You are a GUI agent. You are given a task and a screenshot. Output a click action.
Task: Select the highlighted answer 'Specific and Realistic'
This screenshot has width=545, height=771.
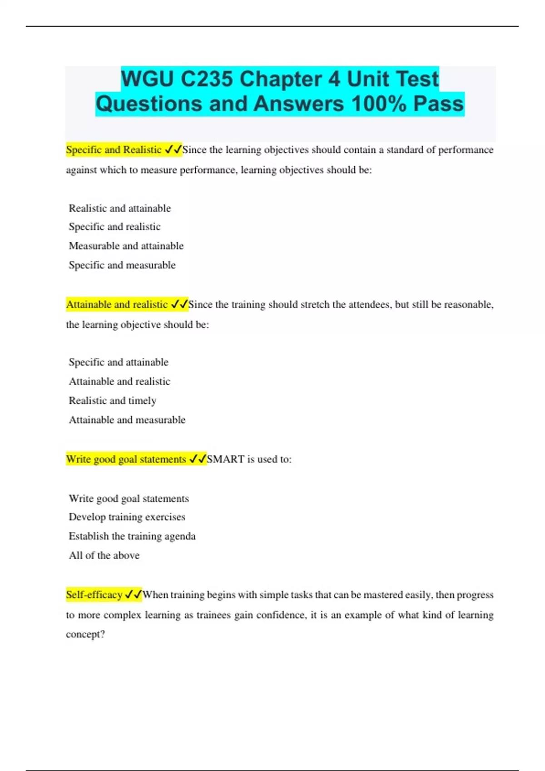coord(114,150)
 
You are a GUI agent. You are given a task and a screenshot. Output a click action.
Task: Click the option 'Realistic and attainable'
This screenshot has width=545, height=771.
coord(120,208)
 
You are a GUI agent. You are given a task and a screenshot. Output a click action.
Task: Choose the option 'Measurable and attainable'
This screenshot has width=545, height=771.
coord(126,246)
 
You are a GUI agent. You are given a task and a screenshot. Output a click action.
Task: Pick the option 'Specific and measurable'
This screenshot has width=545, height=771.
coord(122,265)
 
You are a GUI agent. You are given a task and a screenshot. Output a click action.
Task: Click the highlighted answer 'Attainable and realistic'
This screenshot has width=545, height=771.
coord(117,304)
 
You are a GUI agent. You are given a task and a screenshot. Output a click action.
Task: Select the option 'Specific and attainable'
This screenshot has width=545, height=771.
coord(119,362)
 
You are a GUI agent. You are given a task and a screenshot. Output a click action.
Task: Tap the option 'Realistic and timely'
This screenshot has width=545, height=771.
coord(113,400)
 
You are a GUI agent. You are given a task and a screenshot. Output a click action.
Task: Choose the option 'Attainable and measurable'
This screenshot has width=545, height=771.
coord(127,420)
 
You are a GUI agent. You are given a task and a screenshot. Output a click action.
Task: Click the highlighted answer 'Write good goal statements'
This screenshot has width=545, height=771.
coord(126,459)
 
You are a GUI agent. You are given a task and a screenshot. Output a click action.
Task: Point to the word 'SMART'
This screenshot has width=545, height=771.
coord(226,459)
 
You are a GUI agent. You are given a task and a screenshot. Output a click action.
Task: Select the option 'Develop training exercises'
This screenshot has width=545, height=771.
coord(127,517)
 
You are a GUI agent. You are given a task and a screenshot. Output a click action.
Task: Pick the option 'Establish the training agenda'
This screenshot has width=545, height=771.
coord(132,536)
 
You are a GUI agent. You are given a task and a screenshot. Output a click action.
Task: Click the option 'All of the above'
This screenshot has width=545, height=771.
coord(104,555)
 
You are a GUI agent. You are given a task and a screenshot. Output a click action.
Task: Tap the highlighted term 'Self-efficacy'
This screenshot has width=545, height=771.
coord(94,595)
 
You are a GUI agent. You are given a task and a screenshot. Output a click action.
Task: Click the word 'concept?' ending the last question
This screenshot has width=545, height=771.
coord(85,634)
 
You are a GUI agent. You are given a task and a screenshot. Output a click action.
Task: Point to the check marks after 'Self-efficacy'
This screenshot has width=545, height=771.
coord(133,595)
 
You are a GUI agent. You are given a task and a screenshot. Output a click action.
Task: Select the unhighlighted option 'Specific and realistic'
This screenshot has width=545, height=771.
coord(114,227)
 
